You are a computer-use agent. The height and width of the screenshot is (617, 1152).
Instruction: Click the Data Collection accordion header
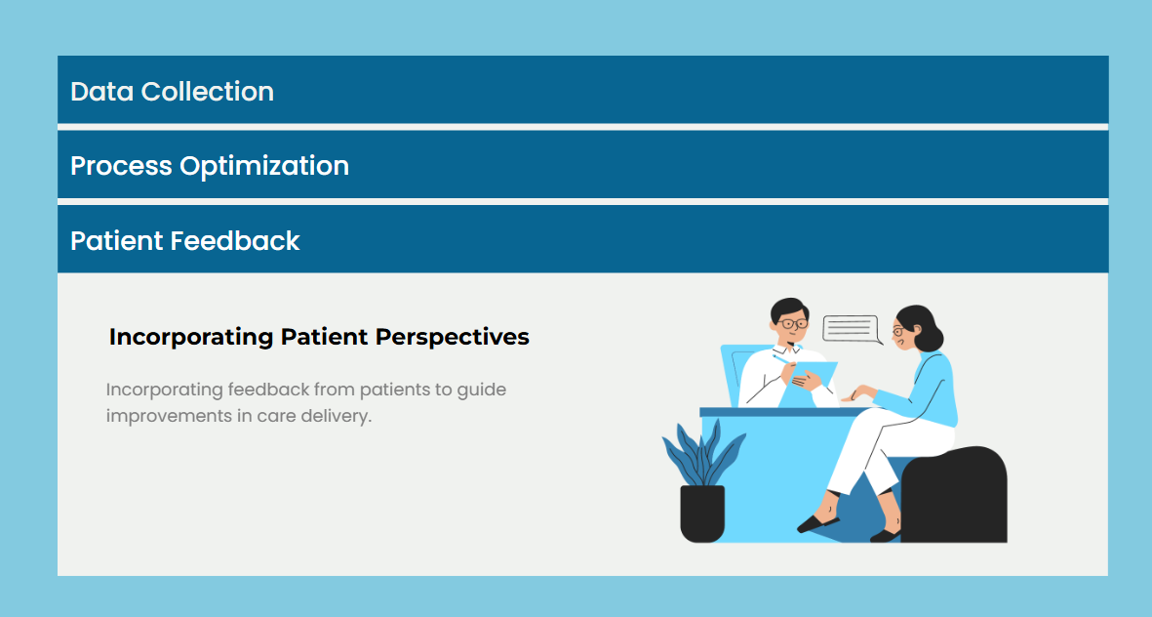tap(582, 90)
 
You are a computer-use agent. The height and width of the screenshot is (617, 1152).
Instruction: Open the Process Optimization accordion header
tap(582, 165)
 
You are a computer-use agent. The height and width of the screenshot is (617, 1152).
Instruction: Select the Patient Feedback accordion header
tap(582, 239)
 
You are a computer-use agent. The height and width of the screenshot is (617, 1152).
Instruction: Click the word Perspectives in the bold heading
tap(452, 337)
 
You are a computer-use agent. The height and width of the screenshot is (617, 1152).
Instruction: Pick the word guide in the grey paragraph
tap(481, 390)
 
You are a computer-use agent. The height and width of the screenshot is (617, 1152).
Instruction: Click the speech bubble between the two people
tap(851, 329)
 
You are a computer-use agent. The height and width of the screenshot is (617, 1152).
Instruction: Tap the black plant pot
tap(702, 514)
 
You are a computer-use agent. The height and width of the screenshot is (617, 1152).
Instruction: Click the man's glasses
tap(792, 323)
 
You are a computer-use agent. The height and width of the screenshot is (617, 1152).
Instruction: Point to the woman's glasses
tap(897, 331)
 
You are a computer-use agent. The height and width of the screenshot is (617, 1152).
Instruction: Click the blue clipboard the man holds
tap(809, 384)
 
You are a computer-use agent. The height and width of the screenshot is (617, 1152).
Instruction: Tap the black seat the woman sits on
tap(954, 495)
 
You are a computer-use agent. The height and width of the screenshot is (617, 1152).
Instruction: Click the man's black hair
tap(789, 308)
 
